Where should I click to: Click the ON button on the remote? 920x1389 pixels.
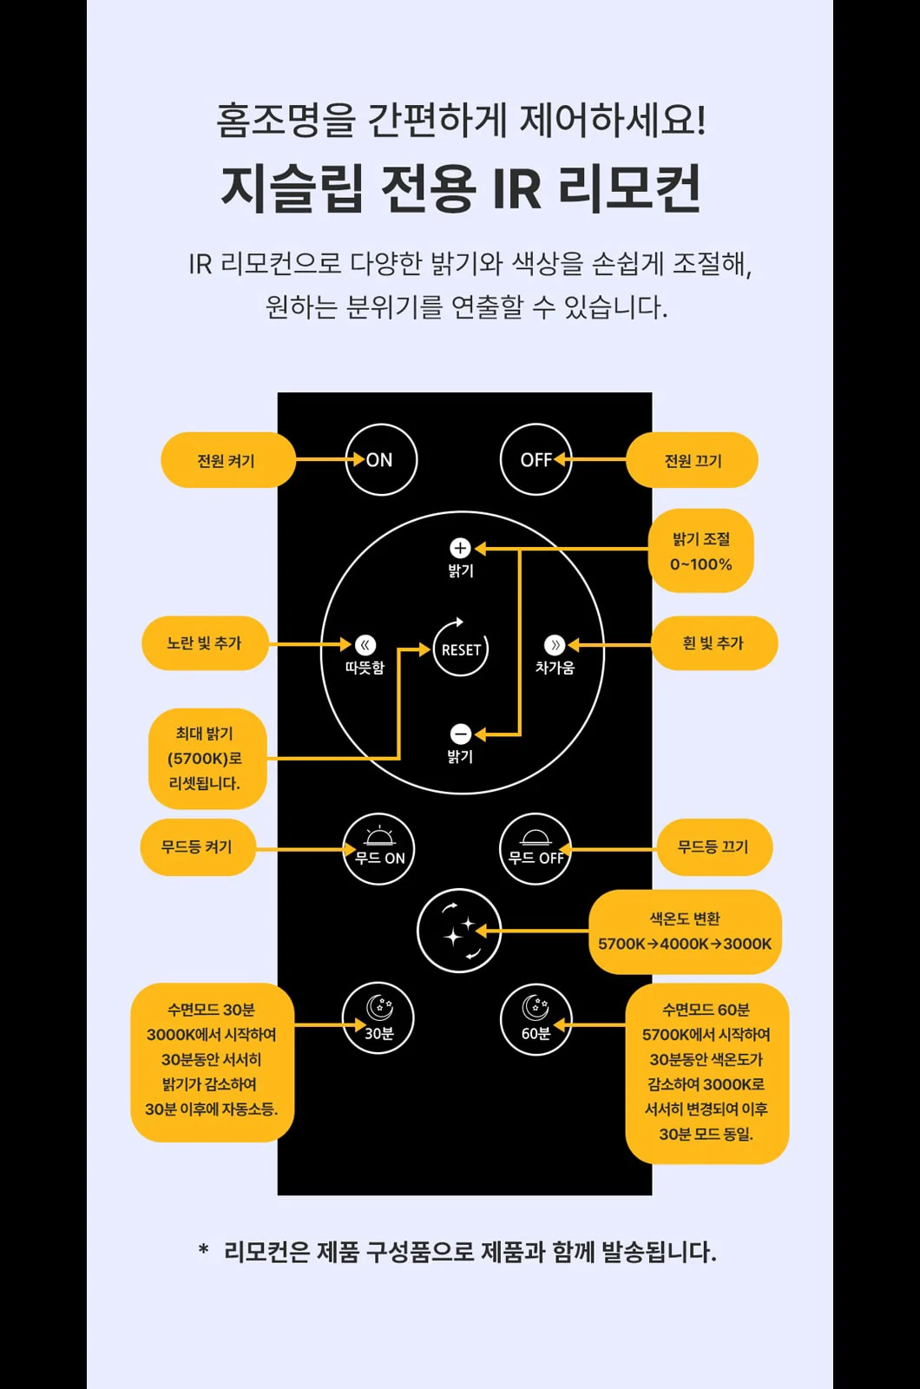point(381,459)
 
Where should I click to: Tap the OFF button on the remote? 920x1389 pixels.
point(536,459)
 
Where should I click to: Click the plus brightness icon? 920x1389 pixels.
point(460,548)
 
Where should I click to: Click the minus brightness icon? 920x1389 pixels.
point(460,734)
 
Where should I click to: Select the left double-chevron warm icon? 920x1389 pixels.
point(365,645)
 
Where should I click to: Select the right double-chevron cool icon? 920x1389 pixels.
point(555,645)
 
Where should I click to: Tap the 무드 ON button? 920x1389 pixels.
point(378,849)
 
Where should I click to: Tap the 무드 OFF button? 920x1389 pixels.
point(536,849)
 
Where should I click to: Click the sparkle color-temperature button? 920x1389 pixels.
point(459,931)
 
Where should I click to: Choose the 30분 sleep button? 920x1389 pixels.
point(378,1018)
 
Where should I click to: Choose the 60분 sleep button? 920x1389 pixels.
point(536,1018)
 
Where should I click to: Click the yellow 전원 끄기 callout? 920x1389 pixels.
point(692,460)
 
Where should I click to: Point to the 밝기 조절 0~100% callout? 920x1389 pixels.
point(701,550)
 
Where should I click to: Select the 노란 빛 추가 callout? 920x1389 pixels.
point(205,643)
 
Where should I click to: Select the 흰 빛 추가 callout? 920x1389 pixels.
point(714,643)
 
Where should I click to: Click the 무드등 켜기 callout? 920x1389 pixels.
point(198,847)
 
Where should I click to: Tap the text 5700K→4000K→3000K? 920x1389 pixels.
point(685,944)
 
